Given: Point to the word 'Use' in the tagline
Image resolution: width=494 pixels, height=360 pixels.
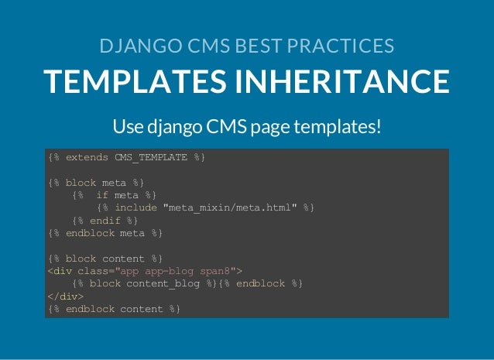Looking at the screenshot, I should point(126,125).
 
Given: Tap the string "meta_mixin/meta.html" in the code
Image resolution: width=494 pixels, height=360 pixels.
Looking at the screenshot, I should point(230,207).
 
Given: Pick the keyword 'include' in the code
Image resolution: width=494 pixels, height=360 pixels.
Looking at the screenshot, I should point(136,207).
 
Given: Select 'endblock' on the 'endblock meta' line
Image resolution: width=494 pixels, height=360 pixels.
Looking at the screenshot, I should point(90,232).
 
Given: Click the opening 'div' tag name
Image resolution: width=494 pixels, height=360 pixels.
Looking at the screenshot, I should point(63,271).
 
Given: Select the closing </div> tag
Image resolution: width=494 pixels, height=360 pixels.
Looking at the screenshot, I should point(66,296).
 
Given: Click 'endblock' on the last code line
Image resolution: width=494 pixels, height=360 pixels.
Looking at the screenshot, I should point(90,309).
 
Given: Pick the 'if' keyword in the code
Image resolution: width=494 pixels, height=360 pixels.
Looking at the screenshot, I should point(102,195).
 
